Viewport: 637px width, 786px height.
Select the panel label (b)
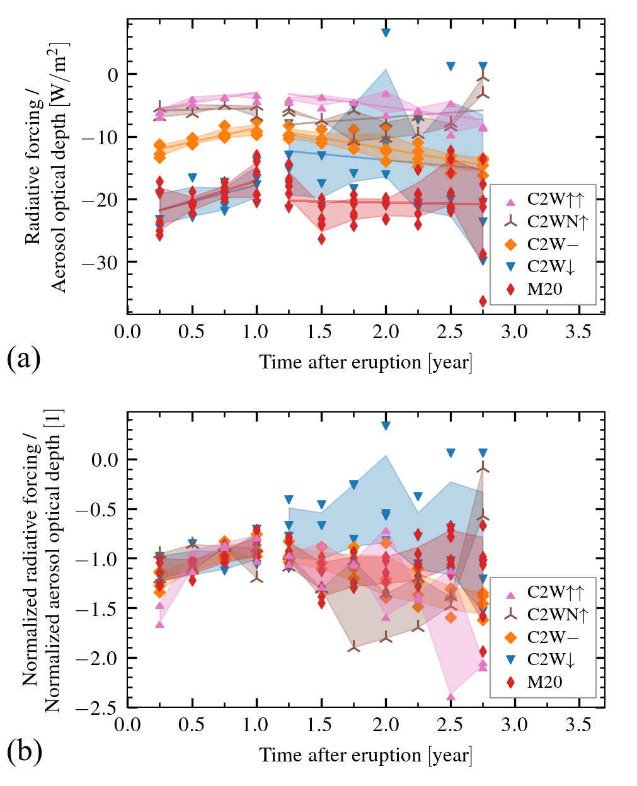coord(24,751)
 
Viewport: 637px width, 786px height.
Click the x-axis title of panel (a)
coord(365,362)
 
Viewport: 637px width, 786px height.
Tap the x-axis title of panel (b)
coord(365,755)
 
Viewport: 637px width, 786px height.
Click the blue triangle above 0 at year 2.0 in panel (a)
coord(386,33)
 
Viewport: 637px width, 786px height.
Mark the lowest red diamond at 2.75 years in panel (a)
coord(483,301)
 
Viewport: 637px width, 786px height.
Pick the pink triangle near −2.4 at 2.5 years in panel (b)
coord(450,697)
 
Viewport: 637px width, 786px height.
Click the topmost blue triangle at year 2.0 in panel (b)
coord(386,426)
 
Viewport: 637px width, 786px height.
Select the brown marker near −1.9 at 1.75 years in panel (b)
coord(353,647)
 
